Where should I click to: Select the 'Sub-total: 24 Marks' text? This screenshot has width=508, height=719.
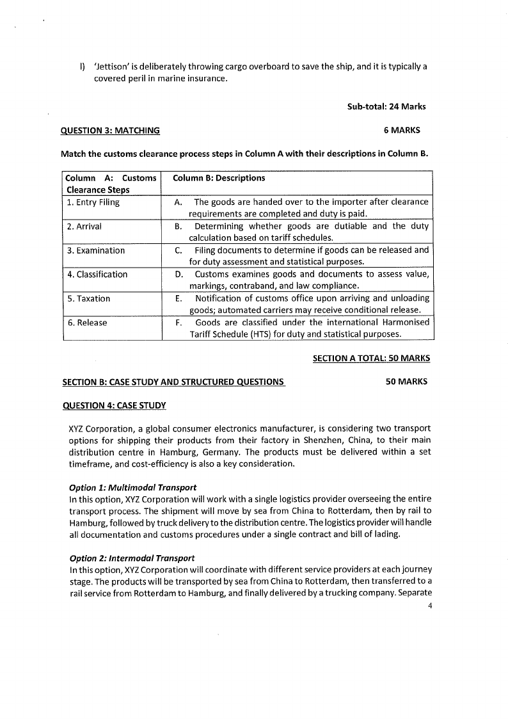(x=386, y=106)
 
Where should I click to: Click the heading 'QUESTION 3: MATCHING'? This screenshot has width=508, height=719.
(x=110, y=131)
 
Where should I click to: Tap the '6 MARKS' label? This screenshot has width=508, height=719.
(x=402, y=131)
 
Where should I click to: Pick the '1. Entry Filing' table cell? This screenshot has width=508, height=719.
(x=93, y=202)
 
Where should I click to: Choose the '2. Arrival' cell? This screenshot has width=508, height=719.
(x=84, y=227)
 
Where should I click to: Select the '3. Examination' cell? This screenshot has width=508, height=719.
(x=96, y=250)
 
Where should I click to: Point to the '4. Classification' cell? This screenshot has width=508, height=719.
(x=97, y=275)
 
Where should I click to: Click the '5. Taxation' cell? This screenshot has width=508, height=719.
(x=89, y=299)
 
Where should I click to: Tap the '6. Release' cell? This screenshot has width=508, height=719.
(x=87, y=323)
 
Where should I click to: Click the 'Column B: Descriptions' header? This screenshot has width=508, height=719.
(x=219, y=178)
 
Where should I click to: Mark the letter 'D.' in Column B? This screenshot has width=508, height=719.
(x=179, y=275)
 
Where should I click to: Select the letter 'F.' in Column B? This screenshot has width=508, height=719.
(x=179, y=323)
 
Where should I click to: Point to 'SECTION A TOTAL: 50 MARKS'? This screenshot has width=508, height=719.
(x=371, y=359)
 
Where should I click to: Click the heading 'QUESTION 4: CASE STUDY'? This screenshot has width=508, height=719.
(x=114, y=405)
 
